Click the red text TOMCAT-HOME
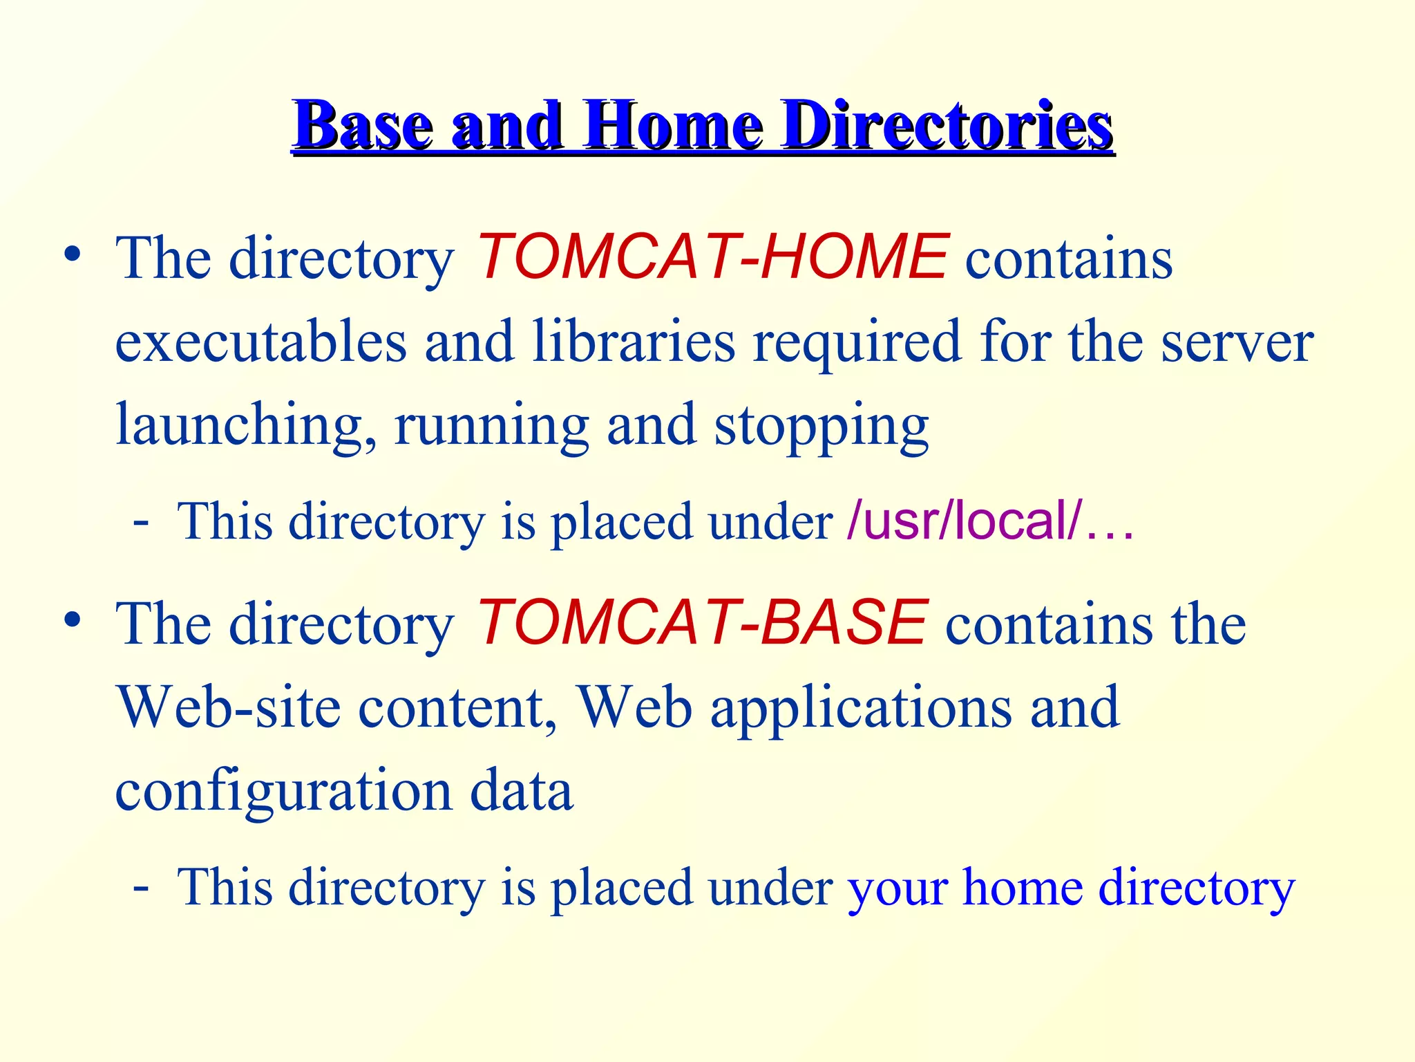coord(712,258)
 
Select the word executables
coord(260,342)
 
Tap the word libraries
coord(634,342)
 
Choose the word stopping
coord(822,426)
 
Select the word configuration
coord(283,792)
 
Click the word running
coord(491,426)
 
